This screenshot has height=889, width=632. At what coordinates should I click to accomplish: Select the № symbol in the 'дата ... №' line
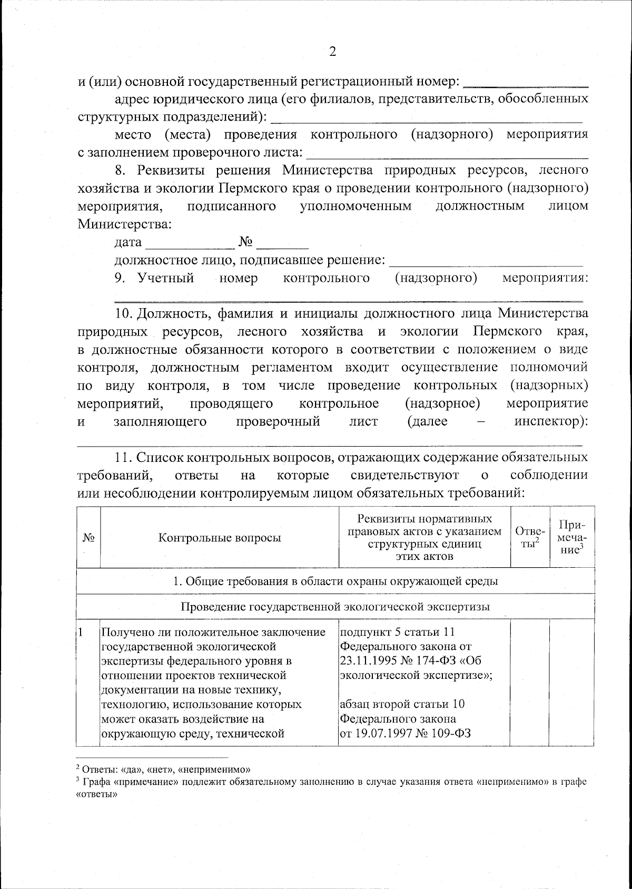click(x=246, y=242)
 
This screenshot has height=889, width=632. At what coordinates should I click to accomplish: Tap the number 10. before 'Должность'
click(x=125, y=313)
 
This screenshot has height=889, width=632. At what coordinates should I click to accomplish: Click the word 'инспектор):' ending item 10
click(x=550, y=421)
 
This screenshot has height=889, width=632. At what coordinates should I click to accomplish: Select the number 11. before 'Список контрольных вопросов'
click(x=125, y=457)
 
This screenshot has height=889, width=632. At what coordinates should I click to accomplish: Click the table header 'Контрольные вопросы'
click(x=220, y=538)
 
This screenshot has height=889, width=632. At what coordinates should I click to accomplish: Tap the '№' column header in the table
click(x=88, y=538)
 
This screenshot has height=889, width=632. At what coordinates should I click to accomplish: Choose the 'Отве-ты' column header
click(x=530, y=538)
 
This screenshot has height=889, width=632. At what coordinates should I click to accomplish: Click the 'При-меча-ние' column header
click(x=572, y=537)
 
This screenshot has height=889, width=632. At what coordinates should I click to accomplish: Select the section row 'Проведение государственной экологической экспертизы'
click(x=335, y=606)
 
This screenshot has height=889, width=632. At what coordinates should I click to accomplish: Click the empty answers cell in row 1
click(x=530, y=682)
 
